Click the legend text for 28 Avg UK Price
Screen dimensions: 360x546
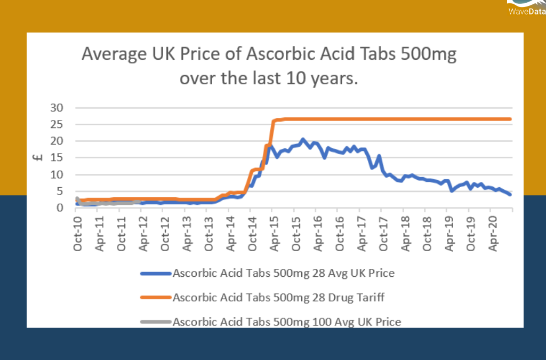click(283, 274)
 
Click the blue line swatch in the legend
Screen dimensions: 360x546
click(156, 274)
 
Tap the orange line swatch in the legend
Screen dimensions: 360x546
click(156, 298)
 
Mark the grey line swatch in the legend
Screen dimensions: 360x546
click(156, 322)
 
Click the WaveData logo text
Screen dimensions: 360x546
click(525, 10)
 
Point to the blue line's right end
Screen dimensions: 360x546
click(510, 194)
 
